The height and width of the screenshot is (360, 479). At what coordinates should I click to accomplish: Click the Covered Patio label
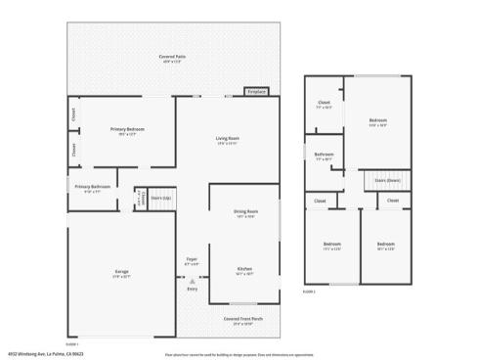click(172, 58)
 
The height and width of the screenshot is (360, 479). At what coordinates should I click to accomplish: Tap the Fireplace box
click(257, 92)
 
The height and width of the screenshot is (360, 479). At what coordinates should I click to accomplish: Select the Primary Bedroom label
click(128, 130)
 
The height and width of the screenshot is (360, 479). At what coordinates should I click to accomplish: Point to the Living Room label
click(228, 138)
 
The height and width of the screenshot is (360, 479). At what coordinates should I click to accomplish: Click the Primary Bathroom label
click(92, 187)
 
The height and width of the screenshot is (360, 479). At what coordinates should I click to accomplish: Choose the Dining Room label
click(245, 213)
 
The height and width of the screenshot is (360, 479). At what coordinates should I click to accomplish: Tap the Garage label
click(122, 272)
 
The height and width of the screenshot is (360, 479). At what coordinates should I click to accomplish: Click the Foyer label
click(192, 259)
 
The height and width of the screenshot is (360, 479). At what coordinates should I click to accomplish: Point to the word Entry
click(192, 290)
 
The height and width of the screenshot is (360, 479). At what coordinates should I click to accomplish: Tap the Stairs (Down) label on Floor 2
click(386, 180)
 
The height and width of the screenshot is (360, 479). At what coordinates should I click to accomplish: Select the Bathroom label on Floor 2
click(325, 155)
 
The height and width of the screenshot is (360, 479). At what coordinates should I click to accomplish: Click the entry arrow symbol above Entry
click(192, 281)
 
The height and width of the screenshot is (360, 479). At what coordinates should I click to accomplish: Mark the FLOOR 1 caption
click(71, 342)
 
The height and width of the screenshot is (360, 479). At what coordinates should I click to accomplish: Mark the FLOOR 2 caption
click(308, 291)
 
